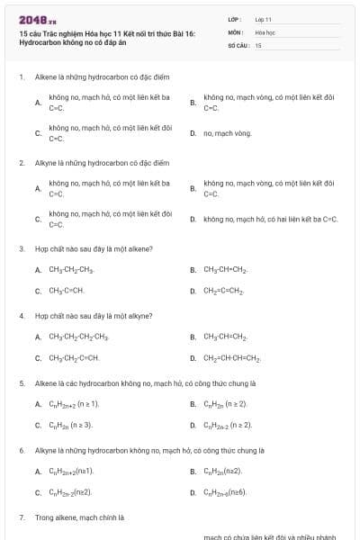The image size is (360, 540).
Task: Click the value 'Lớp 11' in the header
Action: coord(263,19)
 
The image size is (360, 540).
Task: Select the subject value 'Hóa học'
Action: coord(265,31)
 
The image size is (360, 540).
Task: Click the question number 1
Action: coord(21,77)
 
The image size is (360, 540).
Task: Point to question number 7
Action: coord(21,517)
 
